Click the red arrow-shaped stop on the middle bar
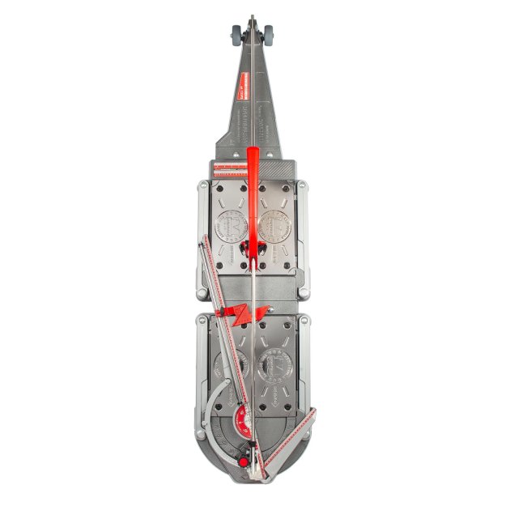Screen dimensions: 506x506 coord(232,313)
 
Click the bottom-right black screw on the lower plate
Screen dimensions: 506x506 coord(289,422)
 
